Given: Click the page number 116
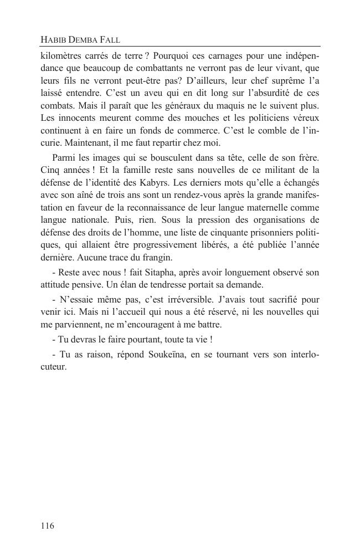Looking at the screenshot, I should tap(48, 526).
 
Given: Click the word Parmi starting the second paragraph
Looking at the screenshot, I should tap(64, 158).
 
